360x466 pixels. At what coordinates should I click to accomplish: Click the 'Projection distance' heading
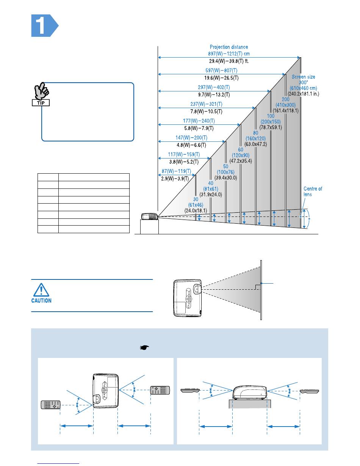pyautogui.click(x=229, y=47)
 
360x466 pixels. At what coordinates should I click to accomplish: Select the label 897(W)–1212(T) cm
pyautogui.click(x=229, y=54)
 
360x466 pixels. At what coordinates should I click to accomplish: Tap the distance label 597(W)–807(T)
pyautogui.click(x=221, y=71)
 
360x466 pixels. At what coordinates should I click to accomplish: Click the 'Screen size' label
pyautogui.click(x=303, y=77)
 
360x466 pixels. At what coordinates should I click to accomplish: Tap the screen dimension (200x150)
pyautogui.click(x=271, y=122)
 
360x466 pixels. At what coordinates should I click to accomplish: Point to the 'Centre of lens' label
pyautogui.click(x=313, y=191)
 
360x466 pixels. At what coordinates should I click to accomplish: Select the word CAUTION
pyautogui.click(x=41, y=301)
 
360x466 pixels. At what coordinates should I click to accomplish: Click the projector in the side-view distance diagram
pyautogui.click(x=149, y=217)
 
